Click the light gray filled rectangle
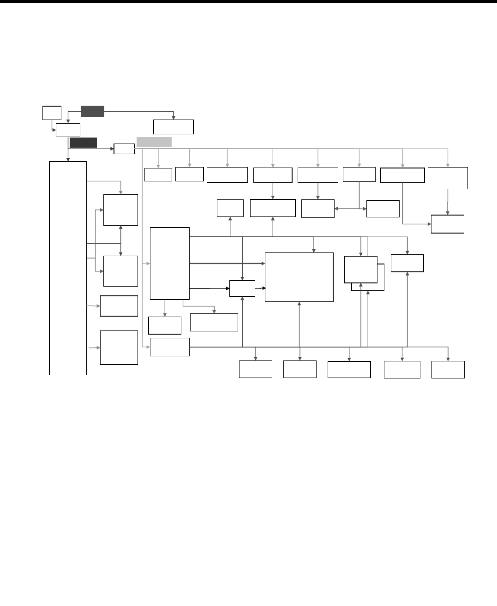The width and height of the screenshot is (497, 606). [154, 142]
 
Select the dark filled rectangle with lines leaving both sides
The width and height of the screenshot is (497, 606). [93, 111]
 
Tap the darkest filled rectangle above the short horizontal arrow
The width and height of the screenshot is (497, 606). [83, 142]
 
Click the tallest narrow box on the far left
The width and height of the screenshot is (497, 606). [68, 268]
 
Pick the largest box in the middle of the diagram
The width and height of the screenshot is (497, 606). [299, 277]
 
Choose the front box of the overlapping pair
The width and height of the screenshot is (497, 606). [360, 270]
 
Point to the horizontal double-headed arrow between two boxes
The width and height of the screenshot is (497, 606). [350, 209]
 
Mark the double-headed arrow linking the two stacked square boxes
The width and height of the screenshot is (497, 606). [120, 240]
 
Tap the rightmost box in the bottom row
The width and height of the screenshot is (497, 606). [448, 370]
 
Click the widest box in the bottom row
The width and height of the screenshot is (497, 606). [349, 370]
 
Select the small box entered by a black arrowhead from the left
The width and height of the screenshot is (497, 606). [242, 288]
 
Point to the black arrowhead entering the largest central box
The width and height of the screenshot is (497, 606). [264, 288]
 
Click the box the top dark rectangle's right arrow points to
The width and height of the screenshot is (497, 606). [173, 126]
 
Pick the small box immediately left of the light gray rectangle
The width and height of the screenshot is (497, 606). [124, 149]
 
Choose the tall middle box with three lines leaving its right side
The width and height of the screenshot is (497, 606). [170, 263]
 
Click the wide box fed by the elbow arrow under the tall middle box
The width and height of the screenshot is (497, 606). [214, 322]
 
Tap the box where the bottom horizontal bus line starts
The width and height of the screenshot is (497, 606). [169, 347]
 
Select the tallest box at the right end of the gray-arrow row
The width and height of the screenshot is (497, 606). [448, 178]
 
